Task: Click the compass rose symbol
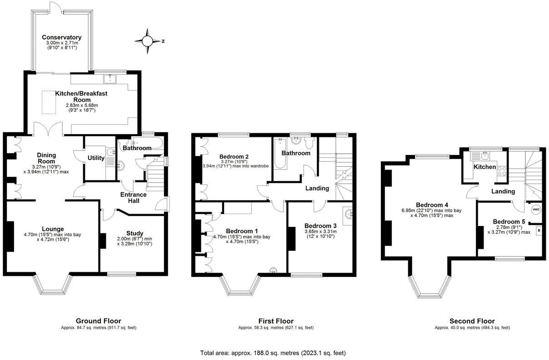148,41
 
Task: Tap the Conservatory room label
61,37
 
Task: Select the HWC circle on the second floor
535,210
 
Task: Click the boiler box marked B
539,230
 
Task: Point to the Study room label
135,233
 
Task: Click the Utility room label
96,158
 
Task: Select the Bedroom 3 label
320,226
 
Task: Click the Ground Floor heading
99,321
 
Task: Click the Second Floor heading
472,321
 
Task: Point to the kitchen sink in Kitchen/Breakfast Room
110,79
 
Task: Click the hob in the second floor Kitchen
503,171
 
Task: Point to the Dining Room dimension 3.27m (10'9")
46,166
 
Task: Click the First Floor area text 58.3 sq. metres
275,327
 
